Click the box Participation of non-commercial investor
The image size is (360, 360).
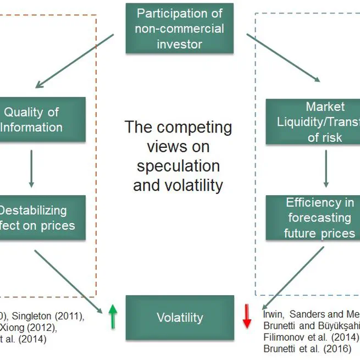click(179, 28)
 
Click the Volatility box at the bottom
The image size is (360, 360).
click(179, 317)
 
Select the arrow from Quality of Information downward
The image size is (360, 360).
click(31, 168)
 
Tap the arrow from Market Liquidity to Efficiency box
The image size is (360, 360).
click(326, 169)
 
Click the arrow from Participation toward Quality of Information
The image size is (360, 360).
click(74, 60)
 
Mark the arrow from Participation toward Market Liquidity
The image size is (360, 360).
click(284, 58)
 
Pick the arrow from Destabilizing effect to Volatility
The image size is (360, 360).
click(69, 281)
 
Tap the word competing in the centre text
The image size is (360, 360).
click(192, 128)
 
